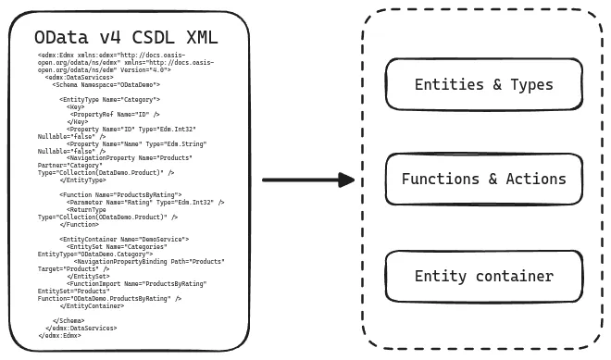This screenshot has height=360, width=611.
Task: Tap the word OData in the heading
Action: coord(57,38)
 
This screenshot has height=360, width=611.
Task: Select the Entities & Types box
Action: coord(483,85)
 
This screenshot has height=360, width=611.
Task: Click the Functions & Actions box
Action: coord(483,180)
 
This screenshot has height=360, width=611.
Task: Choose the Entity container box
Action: coord(483,276)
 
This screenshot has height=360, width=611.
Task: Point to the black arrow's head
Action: coord(350,180)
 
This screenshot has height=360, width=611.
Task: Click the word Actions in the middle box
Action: coord(536,180)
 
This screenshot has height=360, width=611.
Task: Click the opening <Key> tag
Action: coord(77,107)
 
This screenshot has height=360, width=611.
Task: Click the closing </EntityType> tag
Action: coord(85,180)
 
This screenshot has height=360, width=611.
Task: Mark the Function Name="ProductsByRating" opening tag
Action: coord(114,195)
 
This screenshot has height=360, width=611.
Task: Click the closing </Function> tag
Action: coord(80,225)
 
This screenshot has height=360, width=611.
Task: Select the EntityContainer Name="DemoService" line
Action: coord(124,240)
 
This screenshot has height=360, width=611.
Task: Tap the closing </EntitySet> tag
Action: coord(88,277)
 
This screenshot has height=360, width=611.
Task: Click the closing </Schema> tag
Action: coord(69,321)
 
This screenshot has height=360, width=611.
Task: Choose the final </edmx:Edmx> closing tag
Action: coord(59,336)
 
